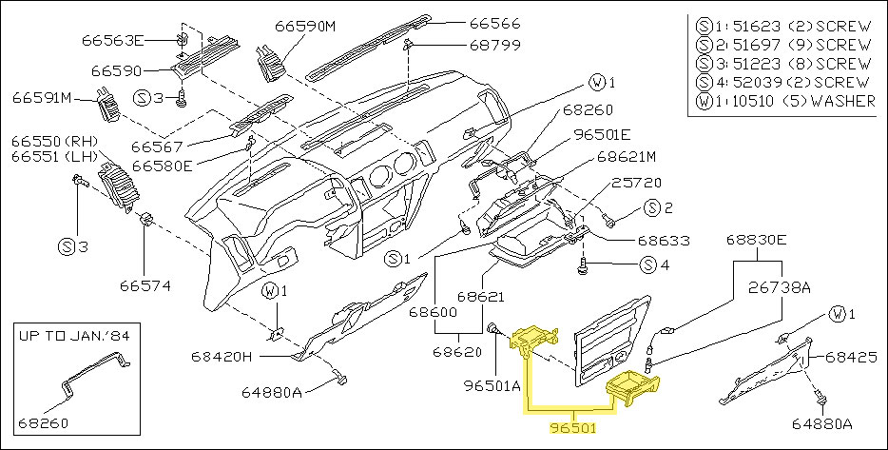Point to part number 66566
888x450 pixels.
tap(495, 24)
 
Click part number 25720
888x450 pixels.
tap(637, 182)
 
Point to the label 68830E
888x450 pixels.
tap(757, 241)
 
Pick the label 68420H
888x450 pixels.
tap(222, 357)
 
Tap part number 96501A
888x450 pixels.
tap(492, 386)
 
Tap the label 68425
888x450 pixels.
tap(851, 358)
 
